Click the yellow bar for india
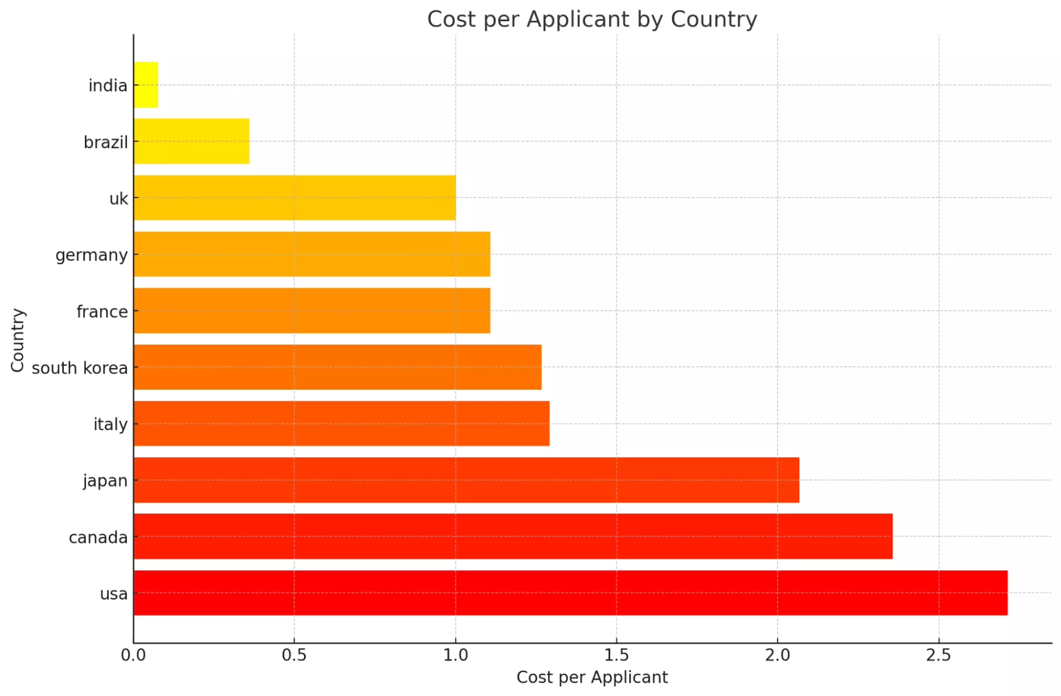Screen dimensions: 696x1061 [x=146, y=85]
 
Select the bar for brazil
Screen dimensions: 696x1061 [x=192, y=141]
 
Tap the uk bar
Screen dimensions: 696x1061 [x=295, y=197]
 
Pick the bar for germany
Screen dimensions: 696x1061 [x=312, y=254]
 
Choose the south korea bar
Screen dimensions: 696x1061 [x=338, y=367]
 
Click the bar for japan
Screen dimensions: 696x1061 [x=467, y=480]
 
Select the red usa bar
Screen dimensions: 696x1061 [x=571, y=593]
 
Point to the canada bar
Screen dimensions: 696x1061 [x=513, y=536]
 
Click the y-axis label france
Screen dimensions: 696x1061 [x=102, y=312]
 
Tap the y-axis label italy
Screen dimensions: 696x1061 [x=110, y=424]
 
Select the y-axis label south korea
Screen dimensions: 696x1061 [x=80, y=368]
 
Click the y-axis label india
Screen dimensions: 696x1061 [x=108, y=85]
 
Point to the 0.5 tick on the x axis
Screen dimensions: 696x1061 [x=294, y=655]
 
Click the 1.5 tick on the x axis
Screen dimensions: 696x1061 [x=616, y=655]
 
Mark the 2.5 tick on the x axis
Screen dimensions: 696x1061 [x=938, y=655]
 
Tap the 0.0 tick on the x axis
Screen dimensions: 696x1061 [x=133, y=655]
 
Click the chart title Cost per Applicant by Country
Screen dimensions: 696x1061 [x=592, y=20]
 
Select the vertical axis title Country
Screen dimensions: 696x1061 [x=18, y=340]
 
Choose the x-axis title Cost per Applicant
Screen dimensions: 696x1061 [x=592, y=677]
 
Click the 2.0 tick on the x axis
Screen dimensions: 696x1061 [x=778, y=655]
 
